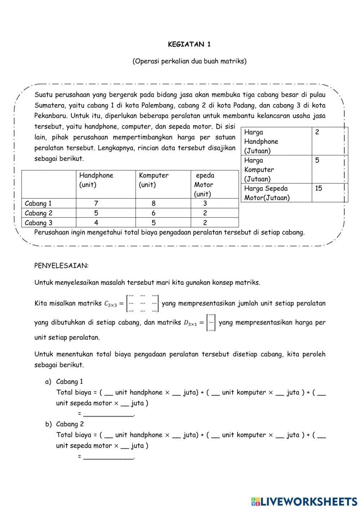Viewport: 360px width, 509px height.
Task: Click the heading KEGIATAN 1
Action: pos(189,45)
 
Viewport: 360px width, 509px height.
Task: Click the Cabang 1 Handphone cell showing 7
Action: pos(96,203)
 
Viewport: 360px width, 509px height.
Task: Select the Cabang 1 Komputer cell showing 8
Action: pos(154,203)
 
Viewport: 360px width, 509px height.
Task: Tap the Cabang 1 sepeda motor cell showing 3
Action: pos(205,203)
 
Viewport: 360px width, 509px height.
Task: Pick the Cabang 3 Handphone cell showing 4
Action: pos(96,223)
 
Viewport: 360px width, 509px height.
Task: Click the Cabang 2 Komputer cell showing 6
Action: pos(154,213)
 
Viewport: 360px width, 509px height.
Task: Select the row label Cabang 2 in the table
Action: pos(39,213)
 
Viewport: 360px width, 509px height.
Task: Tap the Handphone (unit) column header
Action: pos(96,180)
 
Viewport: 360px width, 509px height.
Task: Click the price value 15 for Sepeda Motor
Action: pos(318,188)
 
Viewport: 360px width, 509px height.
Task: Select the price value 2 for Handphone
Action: pos(317,132)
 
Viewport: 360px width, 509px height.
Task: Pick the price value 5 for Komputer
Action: pos(317,160)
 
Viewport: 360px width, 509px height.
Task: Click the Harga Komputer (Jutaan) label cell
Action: pos(259,169)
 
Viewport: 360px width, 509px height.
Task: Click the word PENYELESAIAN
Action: pos(61,266)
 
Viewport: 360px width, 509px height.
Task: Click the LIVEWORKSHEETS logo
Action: pos(304,501)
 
